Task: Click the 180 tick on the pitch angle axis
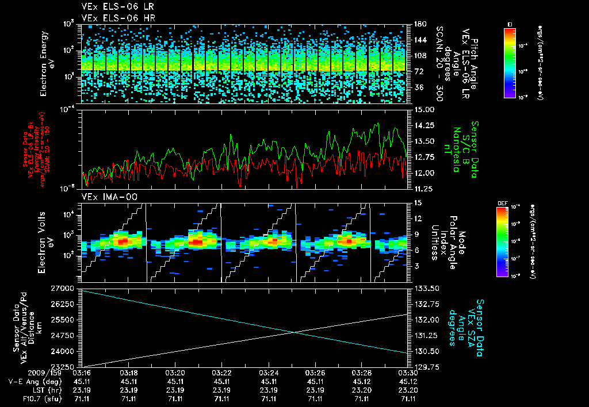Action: tap(419, 24)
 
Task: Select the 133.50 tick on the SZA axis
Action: tap(427, 287)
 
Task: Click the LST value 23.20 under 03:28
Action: tap(362, 389)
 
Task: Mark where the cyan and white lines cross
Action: tap(295, 332)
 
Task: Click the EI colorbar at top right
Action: tap(510, 61)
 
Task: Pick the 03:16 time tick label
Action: tap(82, 372)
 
